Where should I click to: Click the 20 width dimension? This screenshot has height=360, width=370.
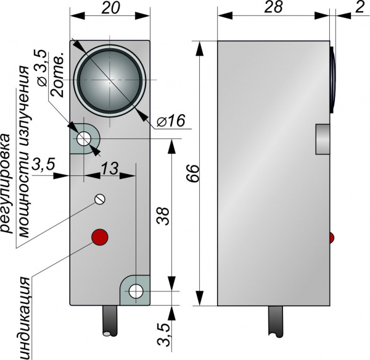[110, 9]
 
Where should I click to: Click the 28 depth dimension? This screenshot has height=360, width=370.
[273, 7]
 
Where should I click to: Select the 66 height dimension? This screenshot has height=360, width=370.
[194, 173]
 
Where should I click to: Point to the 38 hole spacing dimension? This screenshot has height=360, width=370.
[163, 216]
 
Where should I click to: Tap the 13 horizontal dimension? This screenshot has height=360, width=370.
[109, 169]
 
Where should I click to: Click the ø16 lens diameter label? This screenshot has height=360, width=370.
[171, 121]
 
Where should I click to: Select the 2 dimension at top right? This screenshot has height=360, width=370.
[360, 7]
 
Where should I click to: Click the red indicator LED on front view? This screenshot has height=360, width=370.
[100, 237]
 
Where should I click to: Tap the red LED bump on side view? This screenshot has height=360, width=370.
[332, 238]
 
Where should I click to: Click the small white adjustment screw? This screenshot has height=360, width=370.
[99, 199]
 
